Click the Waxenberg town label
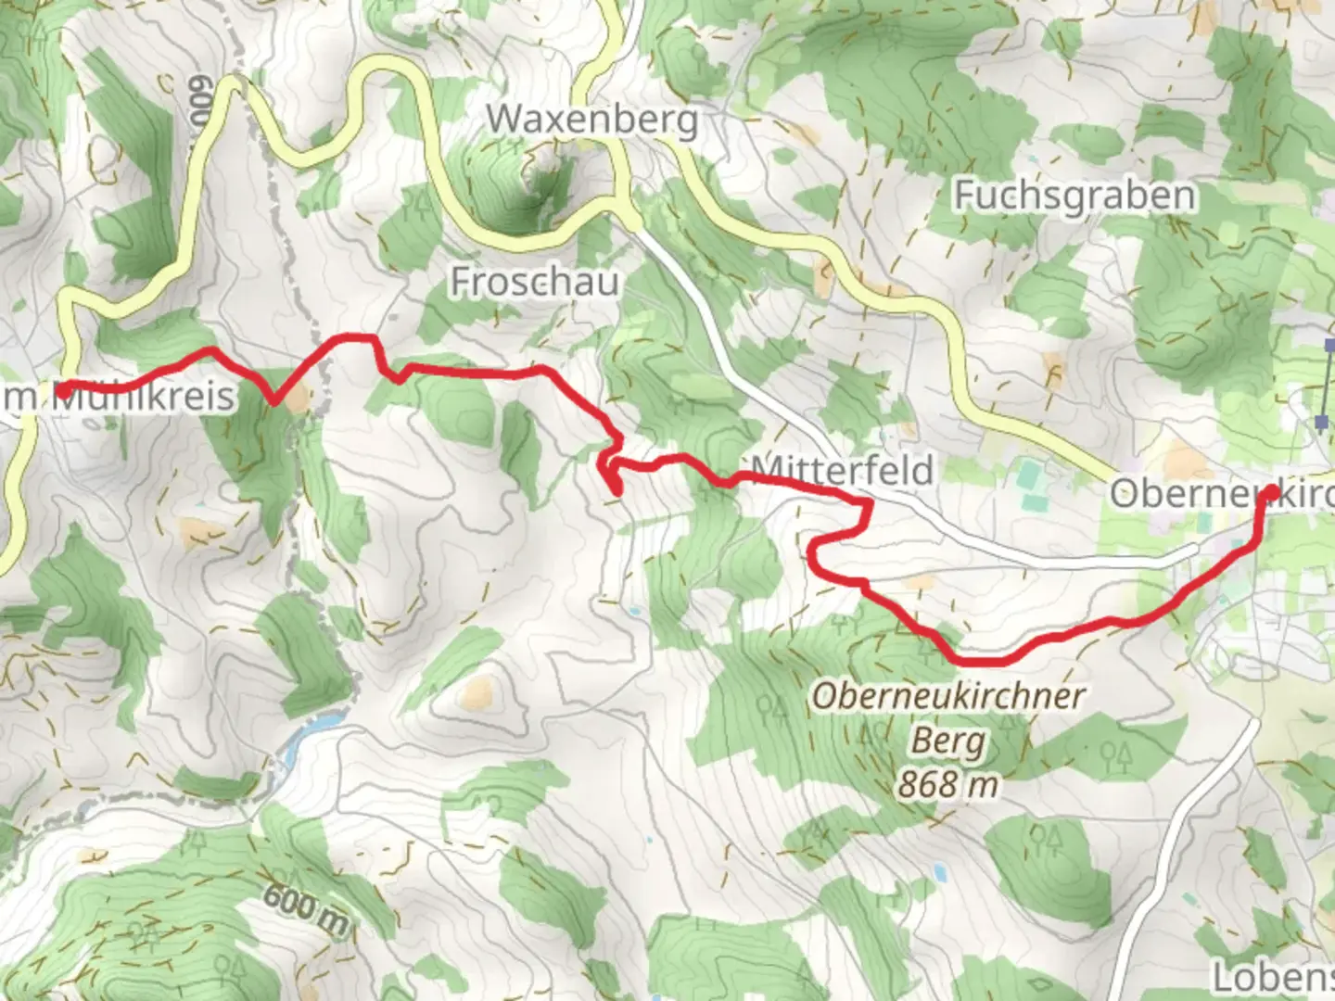point(591,120)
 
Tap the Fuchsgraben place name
point(1074,196)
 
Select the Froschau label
point(535,281)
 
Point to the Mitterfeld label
point(842,470)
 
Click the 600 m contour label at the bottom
point(305,909)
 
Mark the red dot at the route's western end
point(62,391)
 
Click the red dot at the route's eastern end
point(1267,494)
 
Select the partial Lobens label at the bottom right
point(1275,977)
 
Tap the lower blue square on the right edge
point(1321,423)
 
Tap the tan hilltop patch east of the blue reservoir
point(477,691)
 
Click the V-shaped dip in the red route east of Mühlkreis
point(273,401)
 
